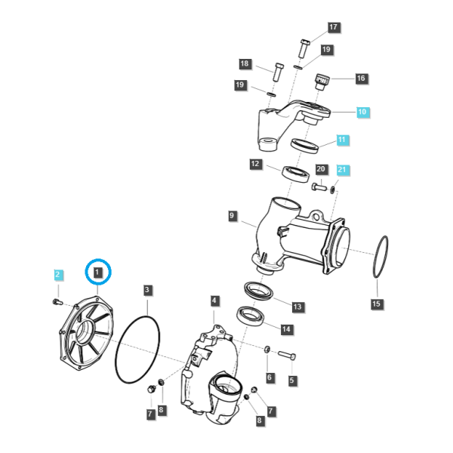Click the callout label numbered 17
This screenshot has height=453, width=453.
pyautogui.click(x=334, y=27)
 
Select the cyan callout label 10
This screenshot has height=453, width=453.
pyautogui.click(x=362, y=112)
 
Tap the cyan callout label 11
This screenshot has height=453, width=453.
pyautogui.click(x=342, y=140)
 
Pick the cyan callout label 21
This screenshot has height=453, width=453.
pyautogui.click(x=342, y=169)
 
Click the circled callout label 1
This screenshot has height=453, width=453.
pyautogui.click(x=97, y=273)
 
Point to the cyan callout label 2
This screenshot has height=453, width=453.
pyautogui.click(x=58, y=275)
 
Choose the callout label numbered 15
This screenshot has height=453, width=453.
pyautogui.click(x=377, y=304)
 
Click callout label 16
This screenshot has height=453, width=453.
pyautogui.click(x=361, y=79)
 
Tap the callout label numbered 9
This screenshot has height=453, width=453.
pyautogui.click(x=232, y=216)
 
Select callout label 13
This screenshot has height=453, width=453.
pyautogui.click(x=297, y=307)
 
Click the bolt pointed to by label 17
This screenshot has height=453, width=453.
pyautogui.click(x=304, y=48)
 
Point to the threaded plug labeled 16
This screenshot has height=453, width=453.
pyautogui.click(x=322, y=82)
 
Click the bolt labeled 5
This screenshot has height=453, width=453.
pyautogui.click(x=287, y=355)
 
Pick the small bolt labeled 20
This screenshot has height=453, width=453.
pyautogui.click(x=319, y=186)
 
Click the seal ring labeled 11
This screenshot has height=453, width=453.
pyautogui.click(x=305, y=145)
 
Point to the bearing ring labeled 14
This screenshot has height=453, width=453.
pyautogui.click(x=251, y=316)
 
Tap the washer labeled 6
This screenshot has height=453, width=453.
pyautogui.click(x=267, y=350)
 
